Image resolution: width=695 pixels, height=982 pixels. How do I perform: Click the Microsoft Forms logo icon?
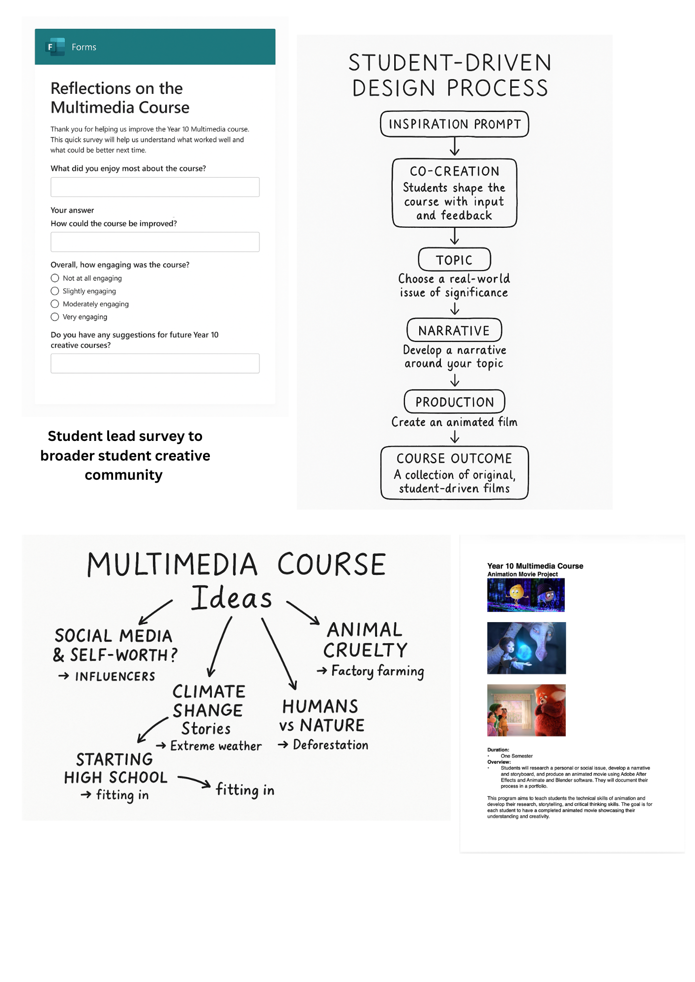(55, 47)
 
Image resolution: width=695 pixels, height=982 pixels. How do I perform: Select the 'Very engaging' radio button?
(55, 317)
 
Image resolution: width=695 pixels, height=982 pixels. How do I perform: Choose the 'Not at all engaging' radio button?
(55, 278)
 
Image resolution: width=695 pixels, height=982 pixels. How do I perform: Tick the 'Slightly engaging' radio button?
(55, 291)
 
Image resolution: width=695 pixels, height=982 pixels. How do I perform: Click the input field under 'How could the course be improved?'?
(155, 242)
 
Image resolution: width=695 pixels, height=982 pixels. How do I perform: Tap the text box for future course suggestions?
(155, 363)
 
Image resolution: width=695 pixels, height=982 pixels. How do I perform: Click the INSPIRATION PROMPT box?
(454, 124)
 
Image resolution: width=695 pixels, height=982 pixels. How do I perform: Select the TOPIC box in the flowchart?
(454, 260)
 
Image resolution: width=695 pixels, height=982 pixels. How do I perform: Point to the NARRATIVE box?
(454, 330)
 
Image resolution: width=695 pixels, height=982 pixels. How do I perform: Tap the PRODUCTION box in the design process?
(454, 402)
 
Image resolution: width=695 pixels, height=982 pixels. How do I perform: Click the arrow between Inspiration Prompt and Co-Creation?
(455, 146)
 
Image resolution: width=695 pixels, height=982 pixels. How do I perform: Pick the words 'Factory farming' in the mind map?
(377, 671)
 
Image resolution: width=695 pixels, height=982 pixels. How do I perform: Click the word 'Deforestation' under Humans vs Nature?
(330, 745)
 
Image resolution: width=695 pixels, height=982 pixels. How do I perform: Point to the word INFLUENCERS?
(115, 677)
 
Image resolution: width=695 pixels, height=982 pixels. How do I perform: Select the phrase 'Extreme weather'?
(216, 746)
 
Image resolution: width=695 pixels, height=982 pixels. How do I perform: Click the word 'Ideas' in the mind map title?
(232, 598)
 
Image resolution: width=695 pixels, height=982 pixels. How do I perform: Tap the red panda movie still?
(526, 710)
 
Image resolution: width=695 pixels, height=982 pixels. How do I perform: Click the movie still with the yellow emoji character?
(525, 595)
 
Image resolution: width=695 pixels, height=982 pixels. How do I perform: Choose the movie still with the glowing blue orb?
(526, 648)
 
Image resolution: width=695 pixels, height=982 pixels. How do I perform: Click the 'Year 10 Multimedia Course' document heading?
(535, 566)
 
